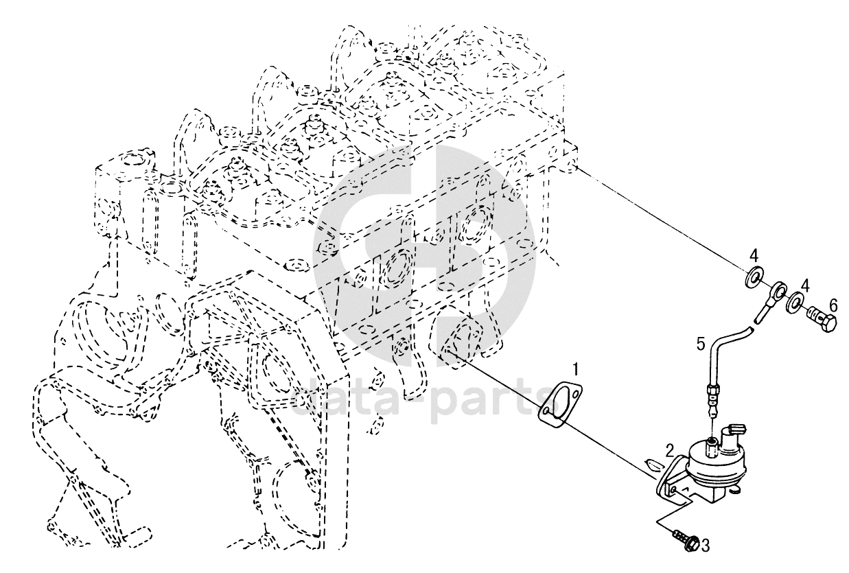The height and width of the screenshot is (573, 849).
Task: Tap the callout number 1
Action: coord(577,371)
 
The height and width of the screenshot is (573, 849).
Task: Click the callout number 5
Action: coord(701,343)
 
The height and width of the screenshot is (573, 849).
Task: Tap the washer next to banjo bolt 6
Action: coord(795,301)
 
